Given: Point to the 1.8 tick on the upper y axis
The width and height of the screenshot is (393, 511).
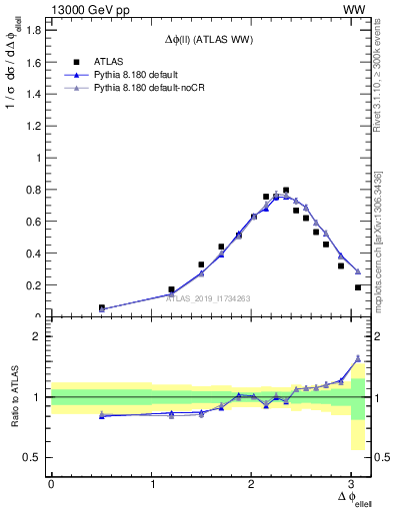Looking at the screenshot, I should pyautogui.click(x=34, y=30).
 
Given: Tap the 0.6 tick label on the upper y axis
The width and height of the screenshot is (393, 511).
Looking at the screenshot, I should pyautogui.click(x=34, y=222).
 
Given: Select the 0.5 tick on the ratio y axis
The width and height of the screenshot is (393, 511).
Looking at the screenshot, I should pyautogui.click(x=34, y=458).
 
